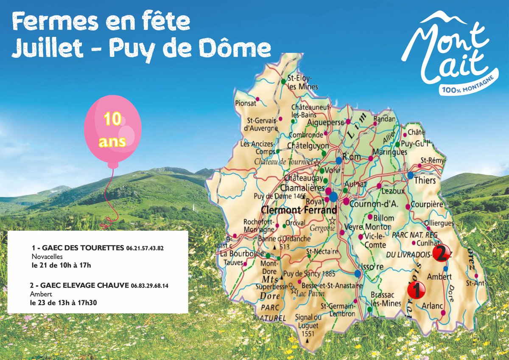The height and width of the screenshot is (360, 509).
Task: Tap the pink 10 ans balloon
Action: (113, 130)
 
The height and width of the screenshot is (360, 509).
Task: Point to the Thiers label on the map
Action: (425, 180)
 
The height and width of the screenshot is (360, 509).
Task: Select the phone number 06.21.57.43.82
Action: (145, 248)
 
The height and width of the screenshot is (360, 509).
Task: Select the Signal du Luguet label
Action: (308, 321)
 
